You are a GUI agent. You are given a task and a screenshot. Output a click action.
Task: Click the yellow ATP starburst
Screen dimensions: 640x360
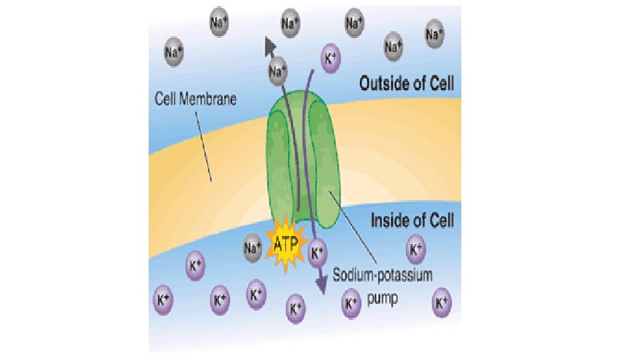[285, 245]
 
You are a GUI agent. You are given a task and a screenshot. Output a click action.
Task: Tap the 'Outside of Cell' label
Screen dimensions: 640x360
[407, 83]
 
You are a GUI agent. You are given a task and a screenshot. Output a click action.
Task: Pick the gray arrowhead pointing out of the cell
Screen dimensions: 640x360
[270, 45]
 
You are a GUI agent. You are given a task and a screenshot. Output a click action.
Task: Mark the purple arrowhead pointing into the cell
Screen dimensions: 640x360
[321, 285]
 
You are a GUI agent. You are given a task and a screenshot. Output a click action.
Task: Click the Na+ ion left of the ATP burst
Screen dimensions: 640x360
[253, 247]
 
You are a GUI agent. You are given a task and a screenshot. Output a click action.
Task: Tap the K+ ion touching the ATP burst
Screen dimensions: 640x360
[318, 252]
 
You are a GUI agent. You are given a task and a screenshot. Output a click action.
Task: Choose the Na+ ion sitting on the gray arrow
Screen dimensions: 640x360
[278, 68]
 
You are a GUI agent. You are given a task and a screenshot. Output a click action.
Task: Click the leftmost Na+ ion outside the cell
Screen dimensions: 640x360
[175, 50]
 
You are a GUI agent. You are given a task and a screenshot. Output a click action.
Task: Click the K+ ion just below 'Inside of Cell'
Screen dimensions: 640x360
[415, 250]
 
